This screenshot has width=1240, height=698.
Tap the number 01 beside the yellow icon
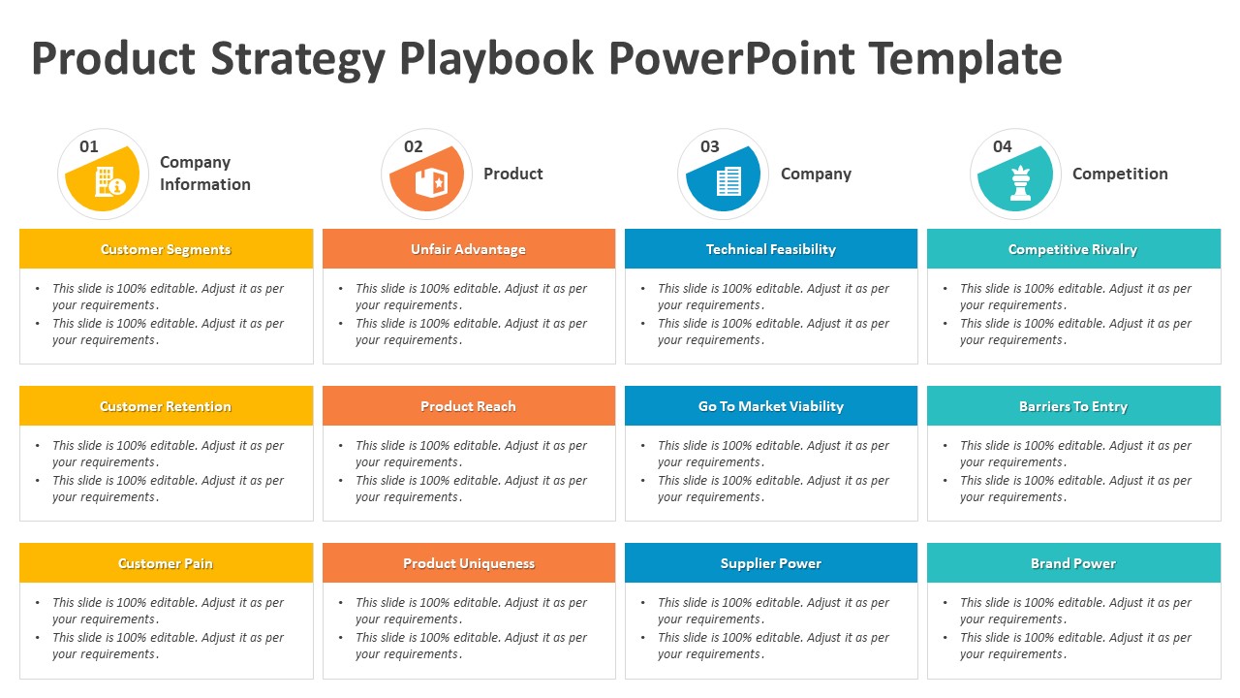[x=89, y=146]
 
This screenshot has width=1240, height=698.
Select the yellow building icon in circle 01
[x=108, y=181]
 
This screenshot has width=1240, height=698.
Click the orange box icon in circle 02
[x=429, y=181]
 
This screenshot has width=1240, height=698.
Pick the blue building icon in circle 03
[x=728, y=181]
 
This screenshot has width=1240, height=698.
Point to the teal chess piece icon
[x=1020, y=183]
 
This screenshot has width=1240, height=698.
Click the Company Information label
[x=204, y=174]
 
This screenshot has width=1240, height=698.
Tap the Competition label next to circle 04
[x=1119, y=174]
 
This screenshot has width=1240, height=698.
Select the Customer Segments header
[x=166, y=249]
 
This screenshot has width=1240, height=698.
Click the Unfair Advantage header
[x=468, y=249]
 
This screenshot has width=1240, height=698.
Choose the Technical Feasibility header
[x=770, y=249]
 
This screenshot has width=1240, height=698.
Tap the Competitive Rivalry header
[x=1072, y=249]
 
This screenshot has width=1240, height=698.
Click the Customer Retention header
[x=166, y=406]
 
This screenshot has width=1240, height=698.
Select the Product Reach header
[x=468, y=406]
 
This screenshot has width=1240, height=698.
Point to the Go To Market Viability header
[x=770, y=406]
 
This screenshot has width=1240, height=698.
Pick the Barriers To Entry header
[x=1072, y=406]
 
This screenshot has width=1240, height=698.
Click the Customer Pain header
[x=166, y=563]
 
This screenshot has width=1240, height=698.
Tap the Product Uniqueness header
[x=468, y=563]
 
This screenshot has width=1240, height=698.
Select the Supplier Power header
[x=770, y=563]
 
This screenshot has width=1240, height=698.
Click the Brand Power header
[x=1072, y=563]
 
